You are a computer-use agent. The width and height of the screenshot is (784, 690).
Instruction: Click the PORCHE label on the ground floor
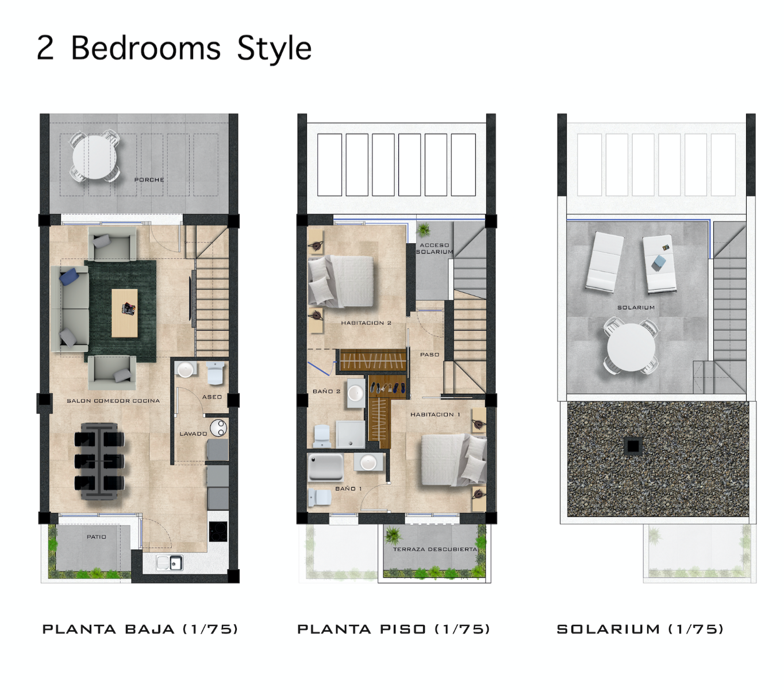pyautogui.click(x=149, y=180)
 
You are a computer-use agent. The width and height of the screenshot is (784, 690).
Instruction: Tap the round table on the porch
pyautogui.click(x=94, y=157)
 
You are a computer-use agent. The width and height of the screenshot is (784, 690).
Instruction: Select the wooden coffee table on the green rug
pyautogui.click(x=125, y=313)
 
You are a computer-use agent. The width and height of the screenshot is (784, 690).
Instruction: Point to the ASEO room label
pyautogui.click(x=212, y=397)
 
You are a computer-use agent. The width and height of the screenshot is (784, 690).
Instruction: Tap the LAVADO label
pyautogui.click(x=193, y=434)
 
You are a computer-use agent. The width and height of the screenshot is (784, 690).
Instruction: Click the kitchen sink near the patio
pyautogui.click(x=170, y=562)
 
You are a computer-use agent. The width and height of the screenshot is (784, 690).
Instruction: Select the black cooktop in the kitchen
pyautogui.click(x=218, y=531)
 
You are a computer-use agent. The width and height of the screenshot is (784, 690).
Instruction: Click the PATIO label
pyautogui.click(x=97, y=537)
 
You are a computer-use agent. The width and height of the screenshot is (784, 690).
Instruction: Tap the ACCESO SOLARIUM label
pyautogui.click(x=435, y=248)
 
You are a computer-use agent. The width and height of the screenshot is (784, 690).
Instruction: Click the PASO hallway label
pyautogui.click(x=429, y=355)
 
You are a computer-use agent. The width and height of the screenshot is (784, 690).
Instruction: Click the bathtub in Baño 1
pyautogui.click(x=326, y=467)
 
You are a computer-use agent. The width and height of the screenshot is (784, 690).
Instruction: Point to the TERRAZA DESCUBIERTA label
pyautogui.click(x=435, y=550)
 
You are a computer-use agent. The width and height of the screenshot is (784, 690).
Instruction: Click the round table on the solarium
pyautogui.click(x=631, y=348)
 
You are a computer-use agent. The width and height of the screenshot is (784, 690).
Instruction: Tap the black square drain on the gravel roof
pyautogui.click(x=633, y=446)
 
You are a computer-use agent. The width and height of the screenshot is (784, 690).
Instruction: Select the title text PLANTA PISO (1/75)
pyautogui.click(x=394, y=629)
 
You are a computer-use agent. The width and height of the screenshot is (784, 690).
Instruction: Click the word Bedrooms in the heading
pyautogui.click(x=146, y=48)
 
